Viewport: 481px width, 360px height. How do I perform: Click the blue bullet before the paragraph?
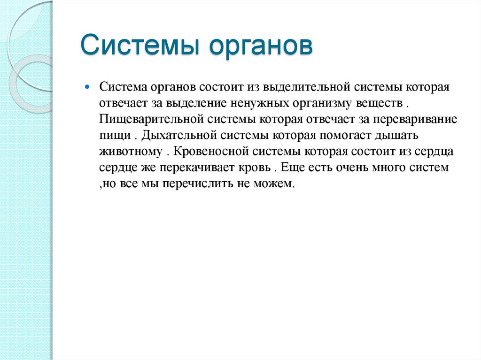(87, 87)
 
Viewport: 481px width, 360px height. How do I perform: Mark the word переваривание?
(415, 119)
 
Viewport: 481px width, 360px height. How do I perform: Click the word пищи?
(114, 136)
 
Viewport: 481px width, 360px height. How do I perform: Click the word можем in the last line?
(277, 184)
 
